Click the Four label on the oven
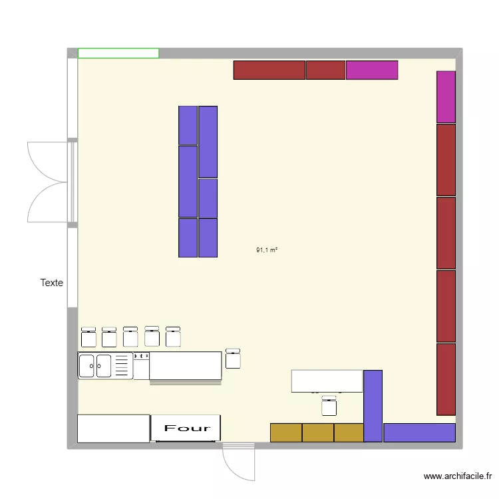click(187, 428)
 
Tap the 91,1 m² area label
click(266, 250)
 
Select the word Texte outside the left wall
click(52, 283)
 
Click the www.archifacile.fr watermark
click(458, 476)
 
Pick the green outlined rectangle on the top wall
click(118, 53)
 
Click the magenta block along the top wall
click(372, 70)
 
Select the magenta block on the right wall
click(446, 97)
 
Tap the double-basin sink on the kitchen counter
click(94, 366)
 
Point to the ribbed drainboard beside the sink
click(122, 366)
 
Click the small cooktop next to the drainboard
click(141, 357)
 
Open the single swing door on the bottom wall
click(238, 460)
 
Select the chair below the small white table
click(329, 407)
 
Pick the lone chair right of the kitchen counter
click(233, 359)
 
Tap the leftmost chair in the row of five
click(88, 337)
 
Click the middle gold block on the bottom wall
click(318, 432)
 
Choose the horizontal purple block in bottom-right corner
click(419, 432)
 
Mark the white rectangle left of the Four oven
click(113, 428)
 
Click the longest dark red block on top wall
click(269, 70)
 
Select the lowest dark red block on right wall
click(446, 379)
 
